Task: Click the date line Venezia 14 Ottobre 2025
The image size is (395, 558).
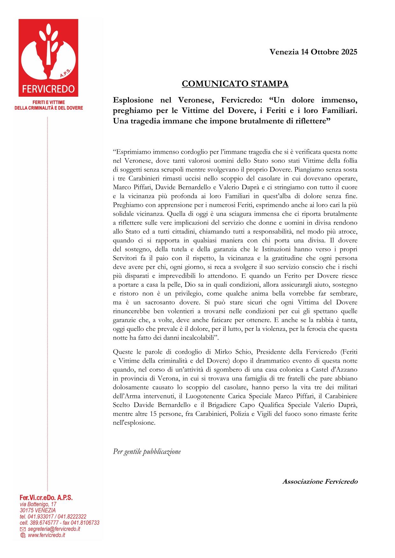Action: point(313,52)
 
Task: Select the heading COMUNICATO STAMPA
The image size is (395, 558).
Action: point(235,84)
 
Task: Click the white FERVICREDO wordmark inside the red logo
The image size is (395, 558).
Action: point(48,89)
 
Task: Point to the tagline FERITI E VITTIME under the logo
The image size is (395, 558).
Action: point(49,102)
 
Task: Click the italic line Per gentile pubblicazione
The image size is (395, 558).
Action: point(147,451)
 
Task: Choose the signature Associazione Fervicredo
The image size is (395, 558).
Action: point(320,482)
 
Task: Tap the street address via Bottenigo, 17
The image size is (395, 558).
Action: point(38,504)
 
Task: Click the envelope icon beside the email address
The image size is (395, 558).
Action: point(23,529)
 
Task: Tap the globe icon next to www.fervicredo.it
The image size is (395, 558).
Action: point(23,535)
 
